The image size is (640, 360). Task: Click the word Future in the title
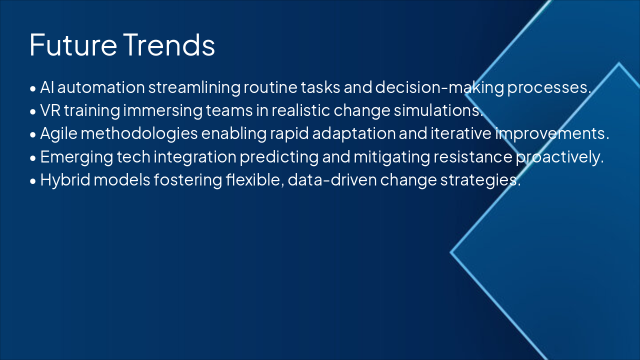pyautogui.click(x=73, y=45)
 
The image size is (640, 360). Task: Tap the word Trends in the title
pyautogui.click(x=169, y=45)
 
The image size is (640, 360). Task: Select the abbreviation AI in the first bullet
pyautogui.click(x=47, y=87)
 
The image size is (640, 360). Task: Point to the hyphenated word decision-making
pyautogui.click(x=439, y=87)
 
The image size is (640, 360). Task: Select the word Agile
pyautogui.click(x=56, y=134)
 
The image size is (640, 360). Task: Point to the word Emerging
pyautogui.click(x=70, y=157)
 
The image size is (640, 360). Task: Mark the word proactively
pyautogui.click(x=559, y=157)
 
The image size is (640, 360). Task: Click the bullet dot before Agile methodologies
pyautogui.click(x=33, y=135)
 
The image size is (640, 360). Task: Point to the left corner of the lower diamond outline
pyautogui.click(x=451, y=252)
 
